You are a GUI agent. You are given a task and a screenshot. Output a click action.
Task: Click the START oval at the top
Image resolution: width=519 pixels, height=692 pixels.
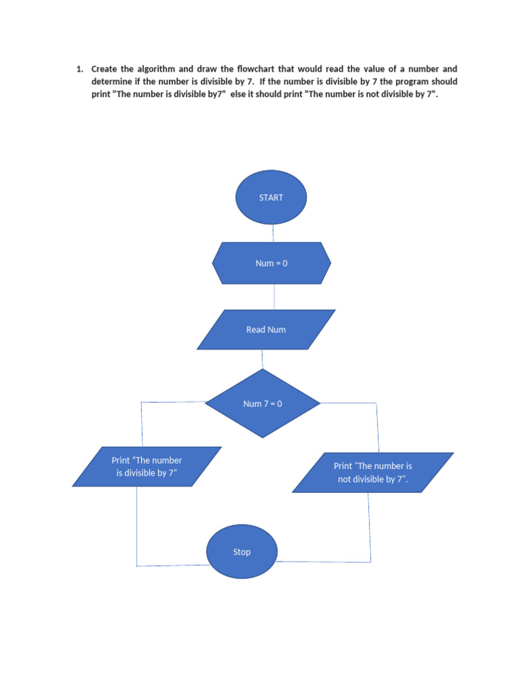pyautogui.click(x=271, y=197)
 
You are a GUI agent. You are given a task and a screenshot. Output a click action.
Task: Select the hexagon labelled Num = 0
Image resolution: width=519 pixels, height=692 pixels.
pyautogui.click(x=272, y=263)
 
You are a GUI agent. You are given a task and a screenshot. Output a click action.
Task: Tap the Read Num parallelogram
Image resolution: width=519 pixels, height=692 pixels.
pyautogui.click(x=266, y=330)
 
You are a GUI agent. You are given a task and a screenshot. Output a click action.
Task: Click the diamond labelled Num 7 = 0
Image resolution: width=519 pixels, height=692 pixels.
pyautogui.click(x=263, y=403)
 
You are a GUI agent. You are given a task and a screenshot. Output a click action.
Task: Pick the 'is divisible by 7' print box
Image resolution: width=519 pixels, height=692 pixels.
pyautogui.click(x=147, y=467)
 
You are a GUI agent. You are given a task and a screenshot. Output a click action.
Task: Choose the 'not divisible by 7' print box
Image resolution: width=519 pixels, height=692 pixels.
pyautogui.click(x=373, y=472)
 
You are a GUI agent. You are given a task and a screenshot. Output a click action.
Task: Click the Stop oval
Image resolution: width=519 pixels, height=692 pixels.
pyautogui.click(x=242, y=551)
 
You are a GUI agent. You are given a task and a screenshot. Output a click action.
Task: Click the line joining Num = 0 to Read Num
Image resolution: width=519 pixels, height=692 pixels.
pyautogui.click(x=274, y=297)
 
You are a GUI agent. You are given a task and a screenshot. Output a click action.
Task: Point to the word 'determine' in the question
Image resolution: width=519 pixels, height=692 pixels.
pyautogui.click(x=112, y=82)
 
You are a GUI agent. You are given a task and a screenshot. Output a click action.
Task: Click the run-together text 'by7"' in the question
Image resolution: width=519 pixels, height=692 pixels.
pyautogui.click(x=214, y=94)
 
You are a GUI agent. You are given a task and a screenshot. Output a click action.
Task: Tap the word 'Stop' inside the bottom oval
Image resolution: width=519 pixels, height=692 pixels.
pyautogui.click(x=242, y=552)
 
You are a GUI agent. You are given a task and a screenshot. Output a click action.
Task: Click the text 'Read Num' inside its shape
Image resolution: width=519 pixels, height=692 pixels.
pyautogui.click(x=266, y=330)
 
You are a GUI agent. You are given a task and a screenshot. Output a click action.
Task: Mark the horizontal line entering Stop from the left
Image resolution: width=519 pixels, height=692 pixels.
pyautogui.click(x=172, y=565)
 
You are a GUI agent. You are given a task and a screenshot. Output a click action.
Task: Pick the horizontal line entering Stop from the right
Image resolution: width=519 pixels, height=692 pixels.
pyautogui.click(x=323, y=562)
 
